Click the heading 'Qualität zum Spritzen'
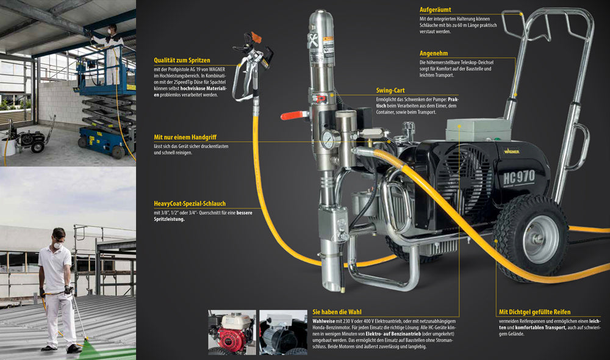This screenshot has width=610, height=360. pyautogui.click(x=182, y=60)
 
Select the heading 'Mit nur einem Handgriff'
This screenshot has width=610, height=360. pyautogui.click(x=185, y=137)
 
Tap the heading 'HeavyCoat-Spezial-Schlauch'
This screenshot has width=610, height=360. pyautogui.click(x=190, y=204)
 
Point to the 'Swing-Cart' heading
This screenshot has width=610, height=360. pyautogui.click(x=390, y=90)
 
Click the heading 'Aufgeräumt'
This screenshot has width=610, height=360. pyautogui.click(x=435, y=10)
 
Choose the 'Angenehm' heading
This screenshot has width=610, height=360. pyautogui.click(x=433, y=53)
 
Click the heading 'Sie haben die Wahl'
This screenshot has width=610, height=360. pyautogui.click(x=337, y=312)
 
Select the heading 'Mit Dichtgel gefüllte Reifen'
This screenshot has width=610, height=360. pyautogui.click(x=534, y=312)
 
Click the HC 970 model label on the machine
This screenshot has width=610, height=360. pyautogui.click(x=518, y=178)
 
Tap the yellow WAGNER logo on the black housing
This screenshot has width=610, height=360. pyautogui.click(x=512, y=151)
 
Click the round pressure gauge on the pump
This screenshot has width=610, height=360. pyautogui.click(x=330, y=139)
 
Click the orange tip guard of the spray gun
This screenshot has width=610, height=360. pyautogui.click(x=256, y=38)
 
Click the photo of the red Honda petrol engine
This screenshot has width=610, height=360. pyautogui.click(x=232, y=332)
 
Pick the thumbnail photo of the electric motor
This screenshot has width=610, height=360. pyautogui.click(x=283, y=332)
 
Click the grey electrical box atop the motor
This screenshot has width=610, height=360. pyautogui.click(x=478, y=129)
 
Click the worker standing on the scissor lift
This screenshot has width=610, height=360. pyautogui.click(x=112, y=52)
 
